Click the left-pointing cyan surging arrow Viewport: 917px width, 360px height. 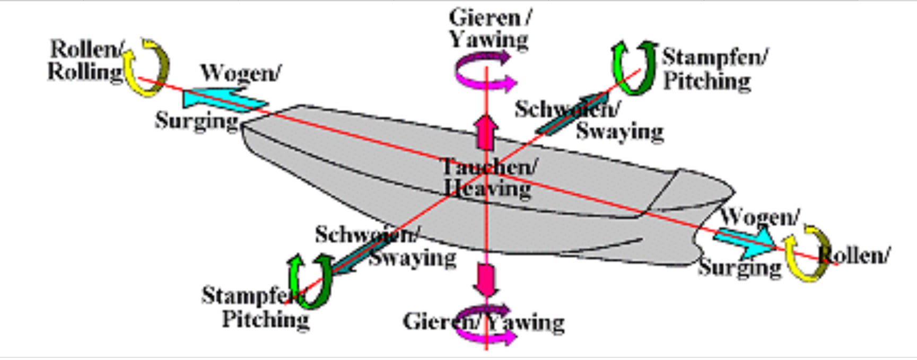[223, 100]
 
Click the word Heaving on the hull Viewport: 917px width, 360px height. [487, 189]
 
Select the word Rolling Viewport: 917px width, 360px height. [85, 72]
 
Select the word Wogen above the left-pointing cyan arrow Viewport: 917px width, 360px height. [241, 73]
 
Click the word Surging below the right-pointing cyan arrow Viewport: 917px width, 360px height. [740, 267]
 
